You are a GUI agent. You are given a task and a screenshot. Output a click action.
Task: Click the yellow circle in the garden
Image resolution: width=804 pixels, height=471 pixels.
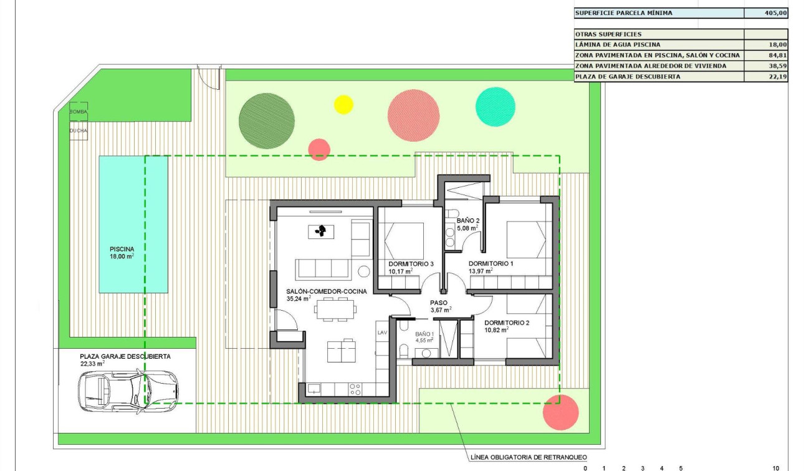pos(343,104)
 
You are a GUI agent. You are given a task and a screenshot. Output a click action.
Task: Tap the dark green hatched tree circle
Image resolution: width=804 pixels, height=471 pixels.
pos(267,120)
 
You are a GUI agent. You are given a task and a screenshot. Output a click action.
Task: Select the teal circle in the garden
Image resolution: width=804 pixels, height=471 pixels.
pos(495,107)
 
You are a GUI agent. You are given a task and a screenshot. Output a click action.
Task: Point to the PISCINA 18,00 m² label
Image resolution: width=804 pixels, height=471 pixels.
pos(122,252)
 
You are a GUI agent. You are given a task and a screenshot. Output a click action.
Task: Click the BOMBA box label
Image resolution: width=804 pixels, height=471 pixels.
pos(78,110)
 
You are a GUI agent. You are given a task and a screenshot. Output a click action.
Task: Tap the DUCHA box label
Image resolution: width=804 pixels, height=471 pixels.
pos(78,130)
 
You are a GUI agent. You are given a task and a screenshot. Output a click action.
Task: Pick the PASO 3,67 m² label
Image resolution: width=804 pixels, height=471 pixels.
pos(439,303)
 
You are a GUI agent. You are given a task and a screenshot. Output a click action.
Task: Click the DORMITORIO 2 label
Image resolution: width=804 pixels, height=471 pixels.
pos(507,323)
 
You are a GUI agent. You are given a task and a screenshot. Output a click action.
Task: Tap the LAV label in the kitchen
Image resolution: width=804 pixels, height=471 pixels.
pos(382,333)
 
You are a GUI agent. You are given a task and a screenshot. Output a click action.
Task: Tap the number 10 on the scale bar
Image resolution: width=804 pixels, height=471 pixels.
pos(775,467)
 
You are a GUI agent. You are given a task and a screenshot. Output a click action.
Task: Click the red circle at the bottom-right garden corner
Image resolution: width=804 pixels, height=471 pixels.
pos(560,412)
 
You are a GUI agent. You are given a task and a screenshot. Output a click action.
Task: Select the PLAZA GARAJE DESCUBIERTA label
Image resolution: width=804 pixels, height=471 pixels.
pos(125,356)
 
